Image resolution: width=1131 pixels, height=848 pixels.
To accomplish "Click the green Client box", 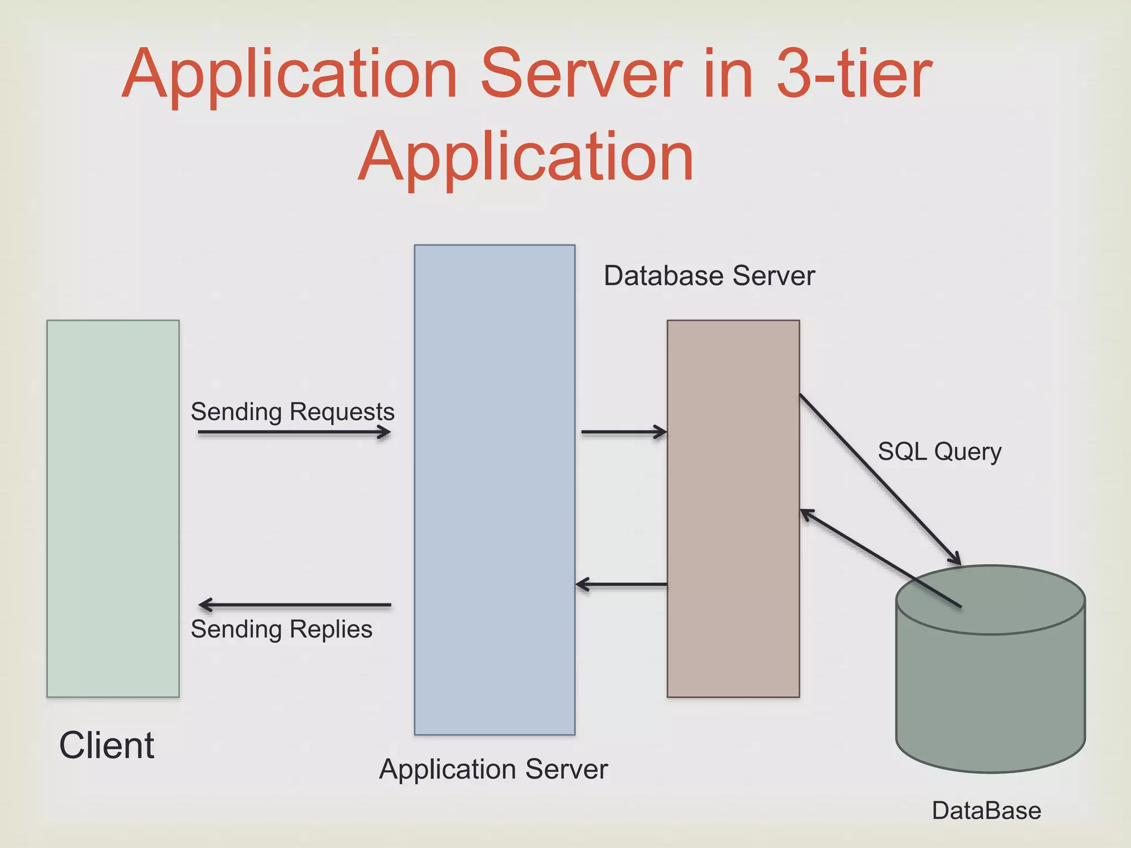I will (113, 508).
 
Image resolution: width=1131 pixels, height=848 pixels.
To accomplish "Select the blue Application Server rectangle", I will (494, 489).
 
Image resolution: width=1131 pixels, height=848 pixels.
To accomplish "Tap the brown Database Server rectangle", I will (733, 508).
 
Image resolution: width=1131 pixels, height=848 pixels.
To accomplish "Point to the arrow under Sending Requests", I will (294, 432).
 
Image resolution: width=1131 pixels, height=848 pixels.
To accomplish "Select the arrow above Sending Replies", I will (294, 605).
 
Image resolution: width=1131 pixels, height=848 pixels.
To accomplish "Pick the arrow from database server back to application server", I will (621, 584).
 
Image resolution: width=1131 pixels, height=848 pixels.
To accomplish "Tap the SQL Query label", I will (939, 452).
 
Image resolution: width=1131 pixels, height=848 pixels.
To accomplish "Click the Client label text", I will (107, 745).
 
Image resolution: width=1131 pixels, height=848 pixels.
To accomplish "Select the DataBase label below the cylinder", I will (986, 810).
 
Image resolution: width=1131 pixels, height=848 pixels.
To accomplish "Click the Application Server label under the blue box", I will (493, 769).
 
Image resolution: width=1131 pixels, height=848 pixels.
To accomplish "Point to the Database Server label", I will (709, 275).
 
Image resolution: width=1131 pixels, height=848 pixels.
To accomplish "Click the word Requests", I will (342, 412).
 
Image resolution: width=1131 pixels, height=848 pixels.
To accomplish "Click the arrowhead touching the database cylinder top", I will (954, 558).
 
